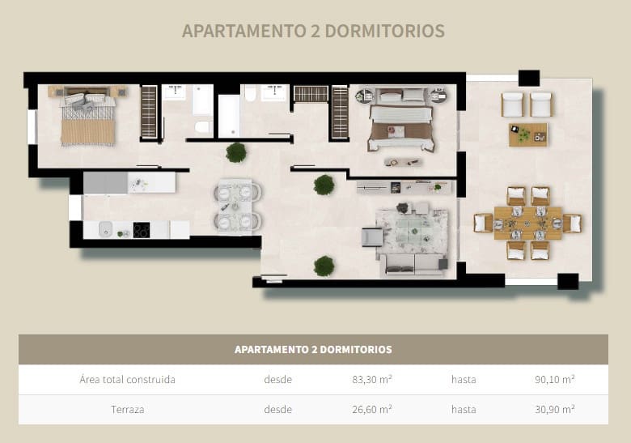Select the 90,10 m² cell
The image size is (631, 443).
click(555, 379)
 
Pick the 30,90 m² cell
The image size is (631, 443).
click(555, 410)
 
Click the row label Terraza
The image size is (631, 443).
click(127, 410)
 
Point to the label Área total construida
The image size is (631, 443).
click(127, 379)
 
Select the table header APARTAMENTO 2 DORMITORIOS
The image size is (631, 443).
click(313, 350)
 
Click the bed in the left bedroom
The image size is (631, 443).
click(87, 119)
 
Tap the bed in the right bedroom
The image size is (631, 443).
click(401, 125)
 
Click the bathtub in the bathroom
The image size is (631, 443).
click(229, 116)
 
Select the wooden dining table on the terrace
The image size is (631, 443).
click(527, 223)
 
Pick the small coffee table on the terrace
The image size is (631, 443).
click(527, 134)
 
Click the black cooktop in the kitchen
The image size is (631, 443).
click(142, 230)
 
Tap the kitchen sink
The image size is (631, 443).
click(105, 231)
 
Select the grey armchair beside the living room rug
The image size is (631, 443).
click(371, 237)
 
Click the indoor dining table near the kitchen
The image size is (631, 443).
click(238, 206)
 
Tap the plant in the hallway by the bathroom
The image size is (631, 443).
click(236, 151)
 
